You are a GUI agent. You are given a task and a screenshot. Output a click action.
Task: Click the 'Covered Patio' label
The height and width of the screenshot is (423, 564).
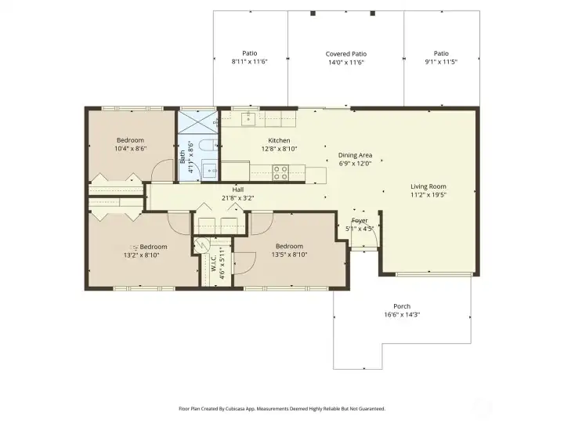click(345, 54)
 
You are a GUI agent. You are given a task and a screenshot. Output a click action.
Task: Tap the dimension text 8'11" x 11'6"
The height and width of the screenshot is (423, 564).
click(249, 61)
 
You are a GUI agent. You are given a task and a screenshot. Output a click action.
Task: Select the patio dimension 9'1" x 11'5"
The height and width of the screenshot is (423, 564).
click(441, 61)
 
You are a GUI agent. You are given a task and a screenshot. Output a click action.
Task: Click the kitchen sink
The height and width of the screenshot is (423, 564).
click(248, 119)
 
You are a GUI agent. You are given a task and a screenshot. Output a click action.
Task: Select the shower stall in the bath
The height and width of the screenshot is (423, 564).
click(198, 121)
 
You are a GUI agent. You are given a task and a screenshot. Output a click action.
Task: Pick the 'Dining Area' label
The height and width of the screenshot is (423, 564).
click(355, 155)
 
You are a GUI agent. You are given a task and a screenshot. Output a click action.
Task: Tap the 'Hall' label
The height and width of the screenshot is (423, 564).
click(237, 190)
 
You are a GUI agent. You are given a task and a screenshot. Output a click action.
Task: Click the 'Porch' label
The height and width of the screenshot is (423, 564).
click(402, 306)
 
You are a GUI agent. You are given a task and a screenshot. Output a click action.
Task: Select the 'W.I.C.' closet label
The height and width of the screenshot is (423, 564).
click(213, 264)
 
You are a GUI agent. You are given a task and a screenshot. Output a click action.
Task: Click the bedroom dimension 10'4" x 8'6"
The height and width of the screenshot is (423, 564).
click(130, 148)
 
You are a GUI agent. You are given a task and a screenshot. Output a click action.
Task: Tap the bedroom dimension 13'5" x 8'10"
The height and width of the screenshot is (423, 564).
click(288, 254)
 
